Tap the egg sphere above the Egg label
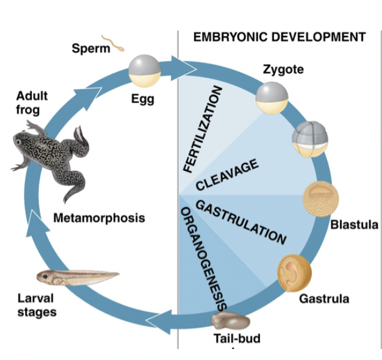coord(145,71)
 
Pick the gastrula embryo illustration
coord(295,273)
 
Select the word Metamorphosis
coord(99,217)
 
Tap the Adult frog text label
coord(32,103)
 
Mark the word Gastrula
coord(324,298)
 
